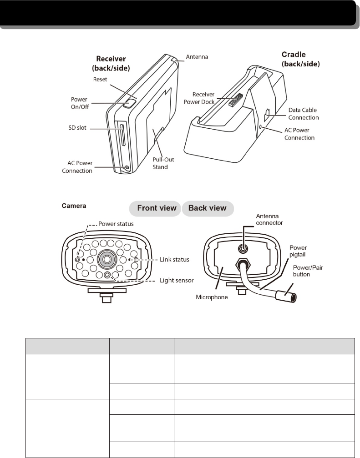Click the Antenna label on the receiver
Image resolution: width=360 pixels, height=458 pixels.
(197, 57)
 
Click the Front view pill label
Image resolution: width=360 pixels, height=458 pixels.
(154, 209)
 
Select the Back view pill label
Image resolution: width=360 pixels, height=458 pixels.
(208, 209)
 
